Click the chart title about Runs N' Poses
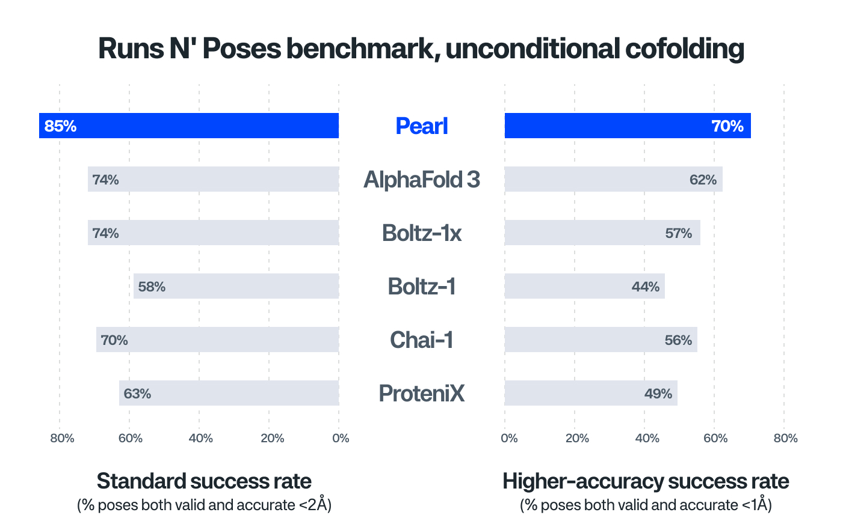coord(421,49)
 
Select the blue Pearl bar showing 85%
coord(189,126)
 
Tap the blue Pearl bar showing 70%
coord(627,126)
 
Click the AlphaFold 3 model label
coord(421,180)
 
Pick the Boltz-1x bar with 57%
coord(602,233)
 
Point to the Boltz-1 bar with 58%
coord(236,286)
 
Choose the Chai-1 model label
coord(421,340)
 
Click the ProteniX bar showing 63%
coord(229,393)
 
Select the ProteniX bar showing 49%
coord(590,393)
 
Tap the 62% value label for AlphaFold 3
coord(703,180)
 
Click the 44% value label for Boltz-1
coord(645,287)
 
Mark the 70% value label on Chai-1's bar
coord(114,340)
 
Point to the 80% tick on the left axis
coord(62,438)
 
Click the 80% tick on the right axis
coord(785,438)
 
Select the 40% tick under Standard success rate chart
coord(200,438)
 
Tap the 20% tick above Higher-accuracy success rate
coord(577,438)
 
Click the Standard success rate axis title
coord(204,481)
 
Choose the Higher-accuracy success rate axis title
coord(646,481)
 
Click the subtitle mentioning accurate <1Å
coord(646,505)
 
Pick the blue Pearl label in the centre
coord(421,126)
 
